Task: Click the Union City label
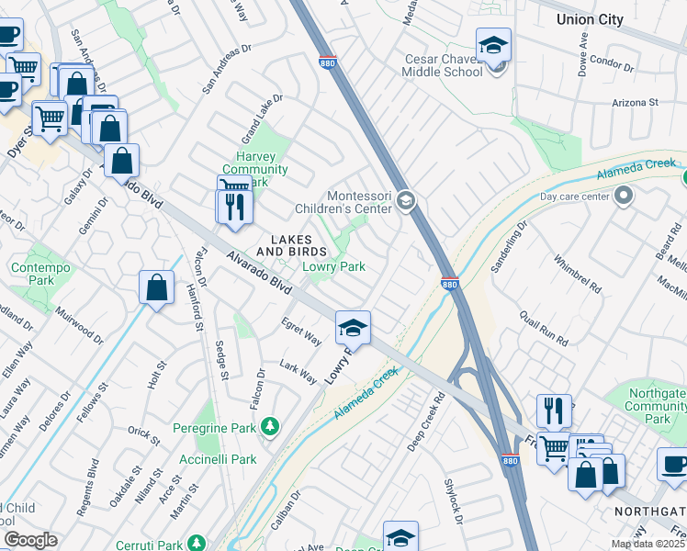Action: coord(590,19)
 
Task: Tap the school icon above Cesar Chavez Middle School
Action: coord(493,45)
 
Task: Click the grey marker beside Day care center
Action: coord(625,195)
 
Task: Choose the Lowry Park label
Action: coord(334,266)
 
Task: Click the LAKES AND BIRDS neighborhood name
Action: coord(291,245)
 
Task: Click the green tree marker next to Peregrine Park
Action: coord(269,425)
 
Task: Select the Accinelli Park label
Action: coord(218,459)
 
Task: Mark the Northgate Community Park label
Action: coord(657,406)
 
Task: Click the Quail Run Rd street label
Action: coord(544,326)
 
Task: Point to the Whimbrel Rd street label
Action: coord(577,274)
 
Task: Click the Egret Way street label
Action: coord(301,331)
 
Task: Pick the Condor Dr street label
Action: coord(613,63)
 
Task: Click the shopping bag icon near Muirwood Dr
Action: coord(157,287)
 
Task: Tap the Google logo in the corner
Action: coord(30,540)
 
